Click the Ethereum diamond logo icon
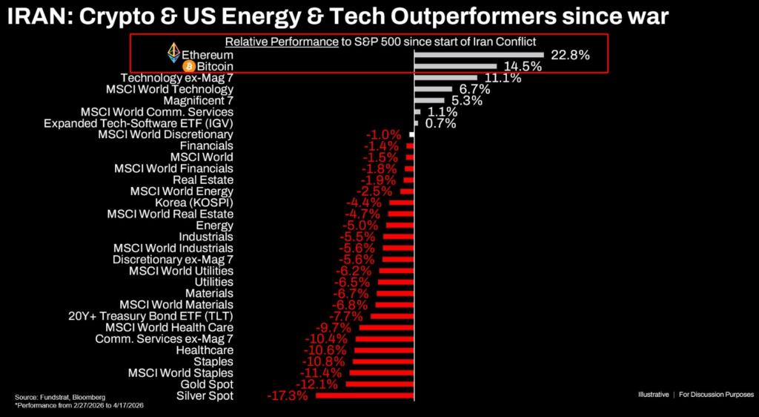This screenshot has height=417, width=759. click(x=173, y=53)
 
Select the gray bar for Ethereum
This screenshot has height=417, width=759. click(x=479, y=55)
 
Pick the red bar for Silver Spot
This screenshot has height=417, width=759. click(x=365, y=396)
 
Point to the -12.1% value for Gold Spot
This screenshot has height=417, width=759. click(x=317, y=384)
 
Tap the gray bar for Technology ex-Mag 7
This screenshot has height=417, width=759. click(x=445, y=78)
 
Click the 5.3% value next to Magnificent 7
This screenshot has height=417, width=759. click(x=466, y=100)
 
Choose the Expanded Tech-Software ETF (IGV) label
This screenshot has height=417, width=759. click(x=139, y=123)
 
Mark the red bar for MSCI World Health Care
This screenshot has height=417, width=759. click(x=386, y=327)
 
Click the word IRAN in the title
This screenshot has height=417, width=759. click(x=38, y=16)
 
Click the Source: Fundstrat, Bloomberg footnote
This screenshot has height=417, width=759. click(x=60, y=398)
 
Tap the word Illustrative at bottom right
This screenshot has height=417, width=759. click(x=653, y=394)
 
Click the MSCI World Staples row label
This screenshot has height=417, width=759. click(x=181, y=372)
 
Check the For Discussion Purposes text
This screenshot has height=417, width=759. click(x=716, y=394)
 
